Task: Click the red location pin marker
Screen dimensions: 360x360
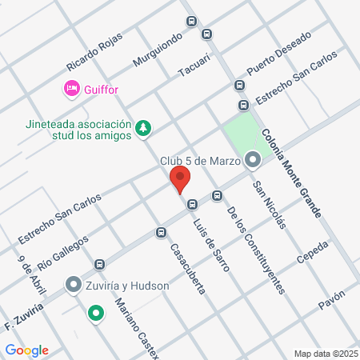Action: (x=179, y=179)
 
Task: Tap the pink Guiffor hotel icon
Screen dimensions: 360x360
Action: (x=71, y=88)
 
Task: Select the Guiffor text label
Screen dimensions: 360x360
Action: (x=101, y=90)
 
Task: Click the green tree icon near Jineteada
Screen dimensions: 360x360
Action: (x=143, y=127)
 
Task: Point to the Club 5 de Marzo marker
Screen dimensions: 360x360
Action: (x=254, y=161)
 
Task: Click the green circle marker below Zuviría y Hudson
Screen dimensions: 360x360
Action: (x=96, y=313)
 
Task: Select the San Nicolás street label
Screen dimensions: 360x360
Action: (x=269, y=205)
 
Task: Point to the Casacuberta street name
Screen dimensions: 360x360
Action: (x=187, y=267)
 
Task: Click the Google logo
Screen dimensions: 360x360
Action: (x=27, y=350)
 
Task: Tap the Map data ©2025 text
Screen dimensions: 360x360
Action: (x=324, y=354)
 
